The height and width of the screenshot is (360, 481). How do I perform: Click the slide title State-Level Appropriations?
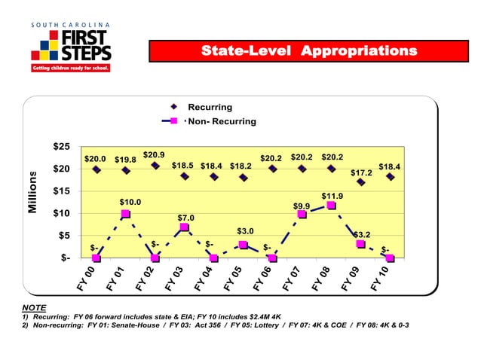click(308, 51)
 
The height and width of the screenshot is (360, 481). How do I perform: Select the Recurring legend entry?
click(210, 107)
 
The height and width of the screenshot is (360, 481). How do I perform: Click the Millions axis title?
click(33, 191)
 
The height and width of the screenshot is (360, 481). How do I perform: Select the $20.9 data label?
click(154, 154)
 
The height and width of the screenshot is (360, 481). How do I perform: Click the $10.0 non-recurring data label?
click(131, 201)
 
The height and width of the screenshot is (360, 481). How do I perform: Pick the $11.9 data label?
click(332, 196)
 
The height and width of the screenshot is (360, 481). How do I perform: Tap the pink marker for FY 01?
click(125, 214)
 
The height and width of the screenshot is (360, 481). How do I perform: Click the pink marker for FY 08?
click(331, 205)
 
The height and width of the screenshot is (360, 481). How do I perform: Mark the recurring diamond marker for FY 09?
click(361, 182)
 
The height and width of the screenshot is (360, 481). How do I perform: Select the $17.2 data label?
click(362, 173)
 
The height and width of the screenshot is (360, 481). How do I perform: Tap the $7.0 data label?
click(185, 218)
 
